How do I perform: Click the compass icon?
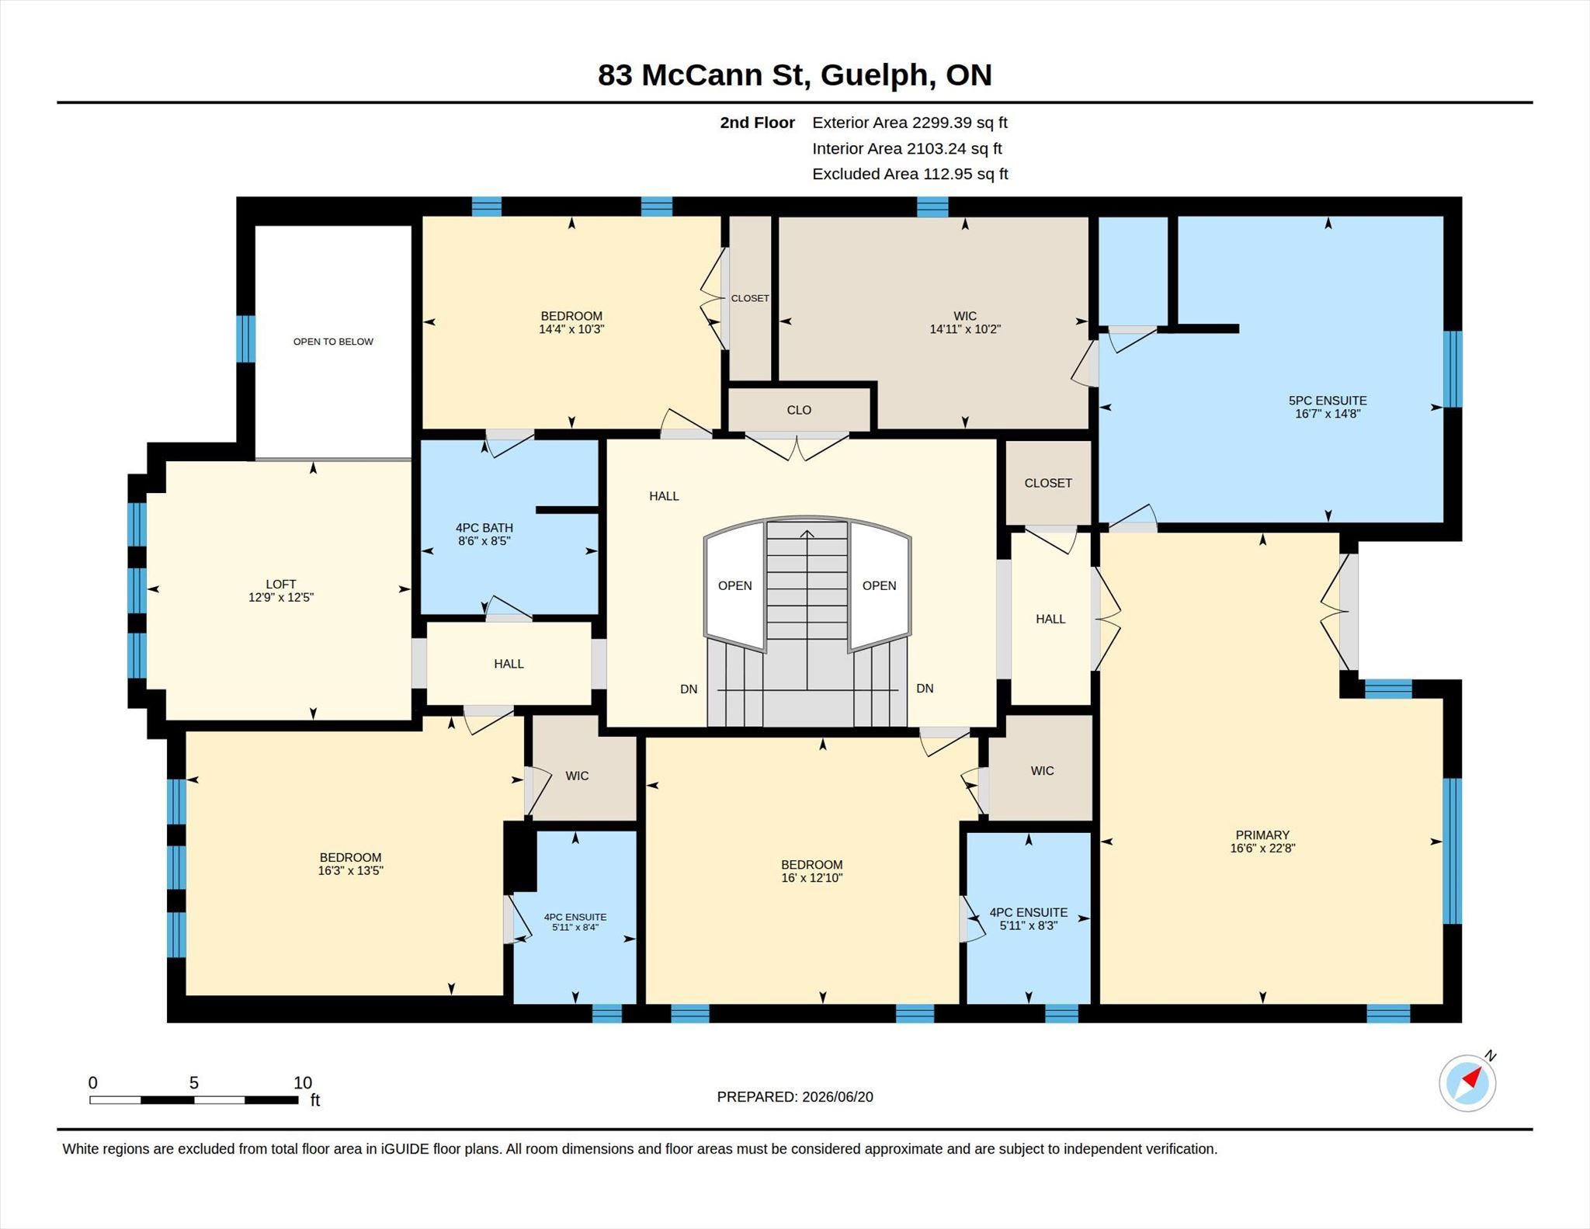click(1467, 1082)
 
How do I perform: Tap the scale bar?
click(194, 1099)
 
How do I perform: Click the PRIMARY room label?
click(1262, 835)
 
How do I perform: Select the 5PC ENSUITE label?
click(1328, 401)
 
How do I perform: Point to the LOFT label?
click(281, 584)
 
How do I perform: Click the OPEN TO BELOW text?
click(333, 342)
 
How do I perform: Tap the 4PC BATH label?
click(484, 528)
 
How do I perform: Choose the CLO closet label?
click(799, 410)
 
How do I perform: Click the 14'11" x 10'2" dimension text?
click(965, 329)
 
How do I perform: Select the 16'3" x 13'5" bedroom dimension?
click(350, 871)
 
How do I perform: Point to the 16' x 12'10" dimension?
click(812, 878)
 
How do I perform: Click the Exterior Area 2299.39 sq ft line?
click(910, 123)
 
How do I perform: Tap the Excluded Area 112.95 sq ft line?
click(910, 174)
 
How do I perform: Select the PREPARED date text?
click(795, 1096)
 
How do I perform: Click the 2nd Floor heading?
click(757, 123)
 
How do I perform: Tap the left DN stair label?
click(689, 689)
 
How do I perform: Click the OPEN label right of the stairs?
click(879, 585)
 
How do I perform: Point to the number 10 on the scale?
click(303, 1082)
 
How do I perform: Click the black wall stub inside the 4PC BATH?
click(567, 510)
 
